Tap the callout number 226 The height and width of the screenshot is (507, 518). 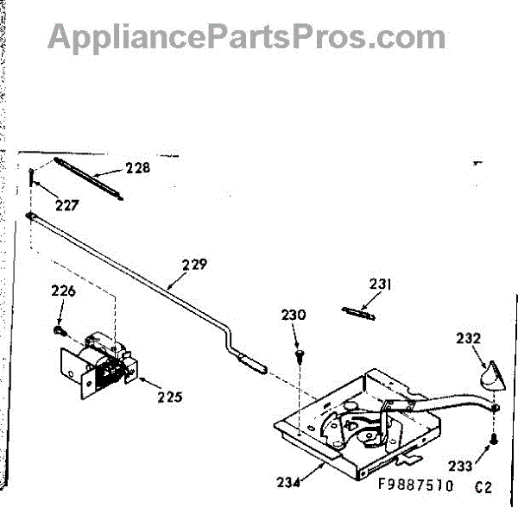[x=63, y=291]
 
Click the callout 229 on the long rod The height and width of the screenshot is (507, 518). [x=194, y=266]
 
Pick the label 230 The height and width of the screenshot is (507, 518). [x=294, y=316]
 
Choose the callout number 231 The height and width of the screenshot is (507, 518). [x=381, y=284]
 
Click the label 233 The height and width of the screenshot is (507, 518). [x=460, y=466]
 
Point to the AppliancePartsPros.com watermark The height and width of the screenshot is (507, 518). [x=247, y=36]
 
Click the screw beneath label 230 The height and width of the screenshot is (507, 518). [x=299, y=354]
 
